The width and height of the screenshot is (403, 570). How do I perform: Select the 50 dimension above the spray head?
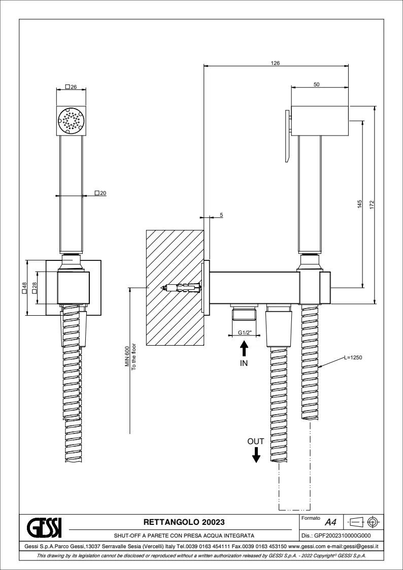pos(316,85)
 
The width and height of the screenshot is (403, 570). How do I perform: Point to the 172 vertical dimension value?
pos(372,205)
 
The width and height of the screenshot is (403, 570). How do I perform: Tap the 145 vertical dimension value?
pos(359,205)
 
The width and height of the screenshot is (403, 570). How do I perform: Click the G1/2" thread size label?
pos(244,333)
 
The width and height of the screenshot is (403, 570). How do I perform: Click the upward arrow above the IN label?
pos(244,349)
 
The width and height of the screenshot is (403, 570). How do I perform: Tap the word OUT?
pos(256,442)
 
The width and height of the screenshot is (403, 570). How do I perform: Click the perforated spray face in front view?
pos(71,121)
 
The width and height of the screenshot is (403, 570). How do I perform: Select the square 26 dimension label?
pos(71,87)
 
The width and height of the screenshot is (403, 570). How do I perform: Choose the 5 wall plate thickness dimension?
pos(221,214)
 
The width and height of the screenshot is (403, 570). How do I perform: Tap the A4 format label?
pos(330,522)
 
